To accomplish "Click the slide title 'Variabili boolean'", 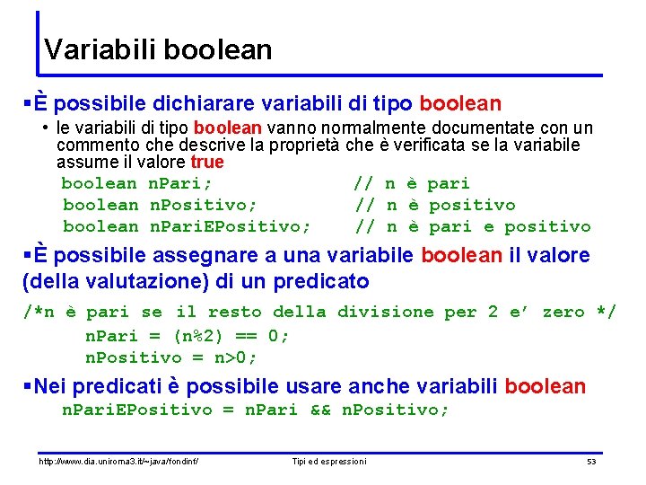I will [x=158, y=48].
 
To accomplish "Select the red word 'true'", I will [x=207, y=163].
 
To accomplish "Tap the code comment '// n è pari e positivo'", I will [x=473, y=226].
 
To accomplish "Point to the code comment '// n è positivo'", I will [x=435, y=205].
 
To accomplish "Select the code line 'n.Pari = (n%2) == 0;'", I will [x=187, y=335].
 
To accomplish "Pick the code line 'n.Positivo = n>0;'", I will [x=170, y=357].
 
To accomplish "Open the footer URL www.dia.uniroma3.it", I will [x=118, y=462].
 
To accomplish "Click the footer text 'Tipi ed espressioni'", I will [x=329, y=462].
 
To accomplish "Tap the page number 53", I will [x=590, y=462].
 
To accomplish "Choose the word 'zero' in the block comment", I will [x=563, y=312].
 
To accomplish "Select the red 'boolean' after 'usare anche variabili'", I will [x=545, y=387].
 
